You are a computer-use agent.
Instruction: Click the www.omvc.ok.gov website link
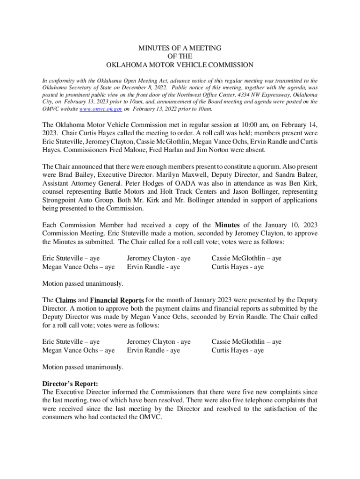(x=101, y=109)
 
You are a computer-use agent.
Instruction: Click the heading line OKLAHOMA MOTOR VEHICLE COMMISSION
(x=180, y=65)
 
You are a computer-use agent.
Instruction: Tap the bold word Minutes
(x=227, y=225)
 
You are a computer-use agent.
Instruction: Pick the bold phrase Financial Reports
(x=117, y=300)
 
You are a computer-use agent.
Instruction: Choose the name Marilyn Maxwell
(x=170, y=175)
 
